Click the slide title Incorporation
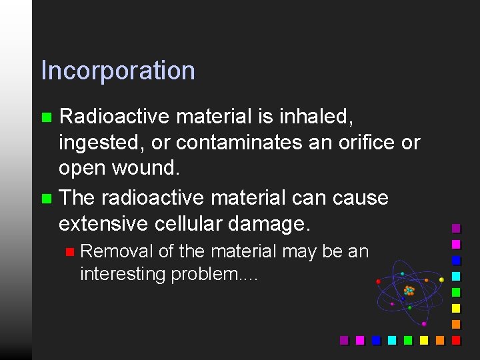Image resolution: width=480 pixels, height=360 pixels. (118, 71)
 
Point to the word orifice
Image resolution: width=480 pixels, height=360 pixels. (358, 142)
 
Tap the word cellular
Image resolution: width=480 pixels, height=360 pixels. (194, 223)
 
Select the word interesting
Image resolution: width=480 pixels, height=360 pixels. (123, 274)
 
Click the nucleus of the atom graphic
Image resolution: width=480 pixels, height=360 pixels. (409, 291)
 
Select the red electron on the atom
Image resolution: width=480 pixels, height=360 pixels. (379, 281)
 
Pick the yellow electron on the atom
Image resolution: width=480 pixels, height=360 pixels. (441, 279)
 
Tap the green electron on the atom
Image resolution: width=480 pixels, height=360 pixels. (409, 307)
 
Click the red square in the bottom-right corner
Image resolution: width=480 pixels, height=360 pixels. (456, 340)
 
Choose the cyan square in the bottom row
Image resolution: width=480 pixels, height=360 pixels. (392, 340)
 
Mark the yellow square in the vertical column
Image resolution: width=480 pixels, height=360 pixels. (456, 308)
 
